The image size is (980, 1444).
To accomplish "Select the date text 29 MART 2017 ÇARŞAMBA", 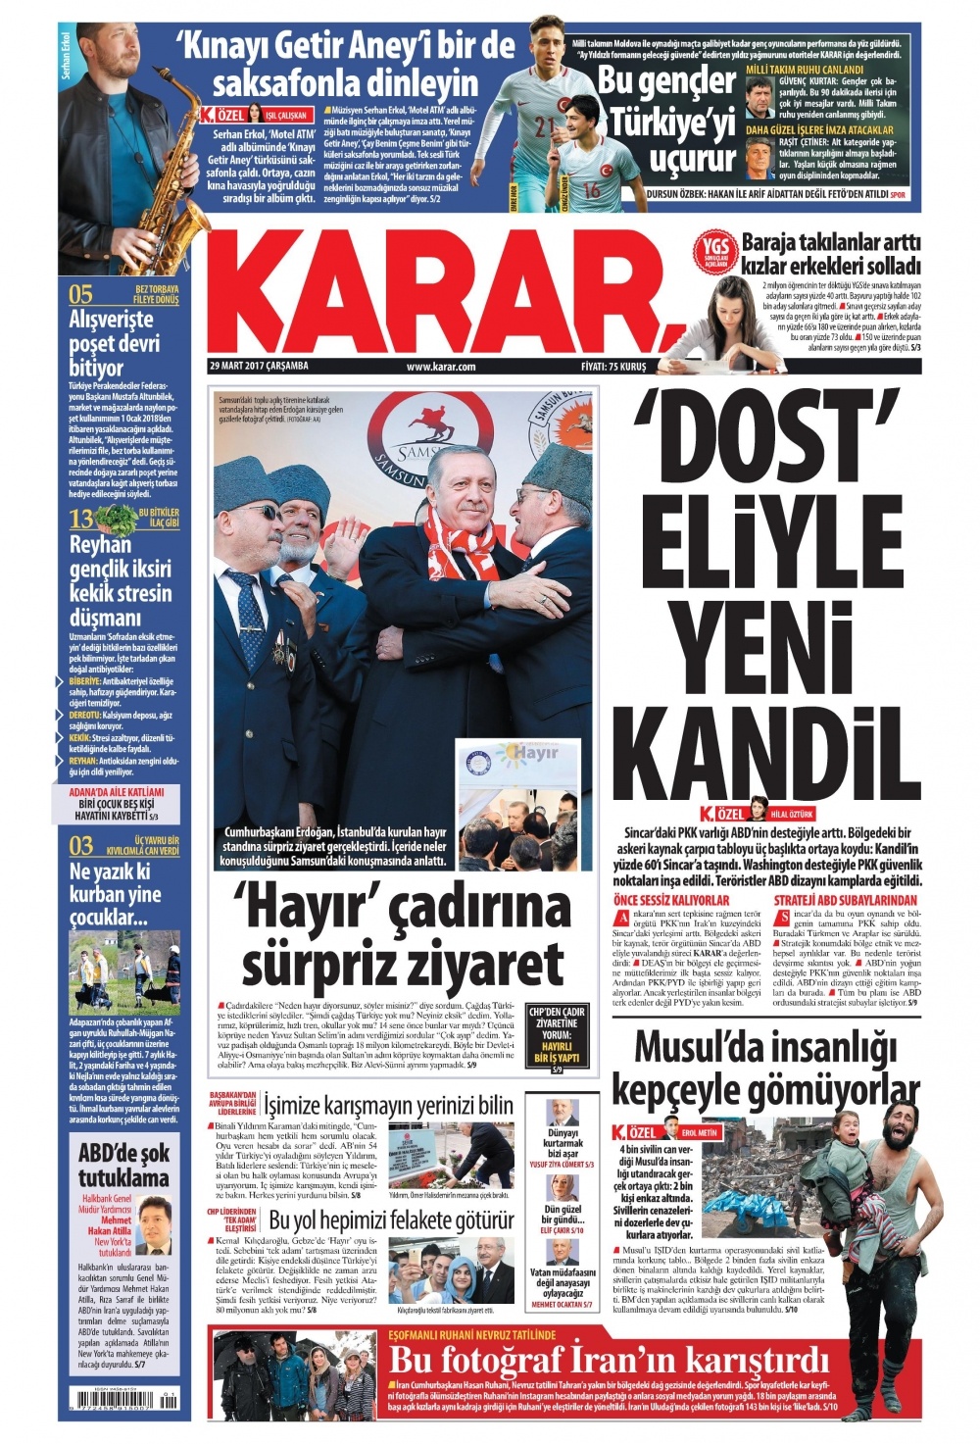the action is (x=259, y=366).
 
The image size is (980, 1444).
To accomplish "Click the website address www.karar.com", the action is (x=440, y=367).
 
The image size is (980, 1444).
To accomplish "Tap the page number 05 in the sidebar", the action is (x=80, y=294).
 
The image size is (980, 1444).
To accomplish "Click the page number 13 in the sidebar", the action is (x=80, y=519).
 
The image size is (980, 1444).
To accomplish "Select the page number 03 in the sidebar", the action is (x=80, y=845).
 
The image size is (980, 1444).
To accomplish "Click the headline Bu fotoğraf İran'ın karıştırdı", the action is (x=609, y=1361).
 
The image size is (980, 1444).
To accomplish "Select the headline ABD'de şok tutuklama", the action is (x=123, y=1165).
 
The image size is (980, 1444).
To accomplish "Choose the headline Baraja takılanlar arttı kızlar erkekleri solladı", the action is (x=831, y=254).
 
